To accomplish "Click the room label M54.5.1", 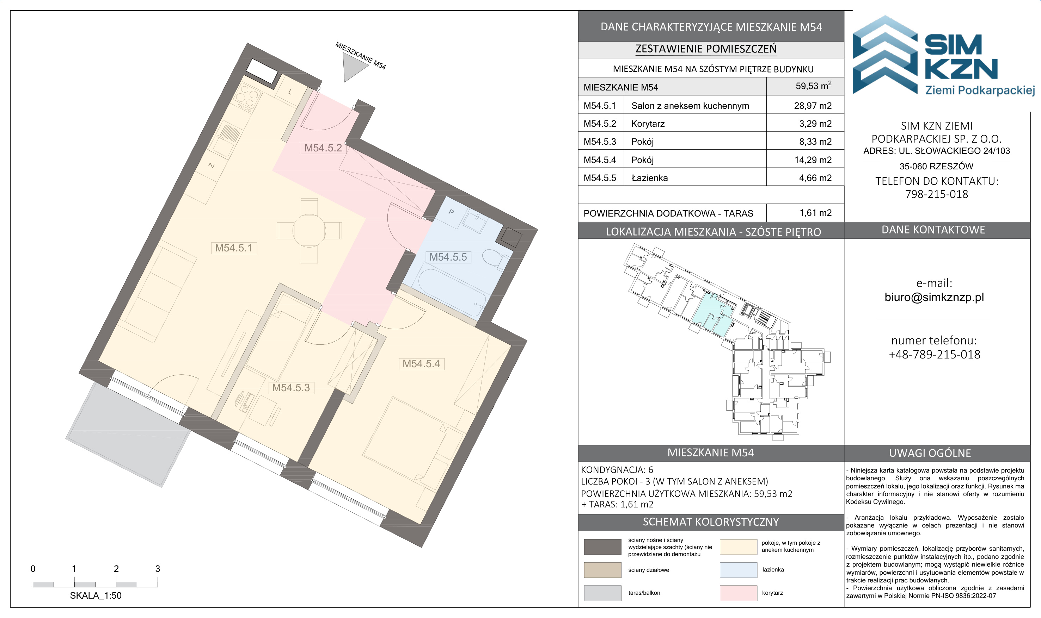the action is point(234,248).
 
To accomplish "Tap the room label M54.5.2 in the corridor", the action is point(323,148).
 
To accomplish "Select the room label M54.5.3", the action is point(291,388).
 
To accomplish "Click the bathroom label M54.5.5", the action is point(448,257).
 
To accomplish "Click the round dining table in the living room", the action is point(310,230).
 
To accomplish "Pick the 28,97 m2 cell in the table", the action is point(813,106).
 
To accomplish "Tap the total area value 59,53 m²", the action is point(813,86).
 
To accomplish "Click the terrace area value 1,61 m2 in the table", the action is point(815,213).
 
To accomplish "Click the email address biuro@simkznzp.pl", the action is point(934,297).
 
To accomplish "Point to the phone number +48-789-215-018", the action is point(934,354).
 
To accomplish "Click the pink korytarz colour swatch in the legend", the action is point(738,593).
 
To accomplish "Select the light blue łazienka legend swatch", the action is point(738,570).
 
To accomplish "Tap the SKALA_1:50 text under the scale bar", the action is point(96,596).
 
